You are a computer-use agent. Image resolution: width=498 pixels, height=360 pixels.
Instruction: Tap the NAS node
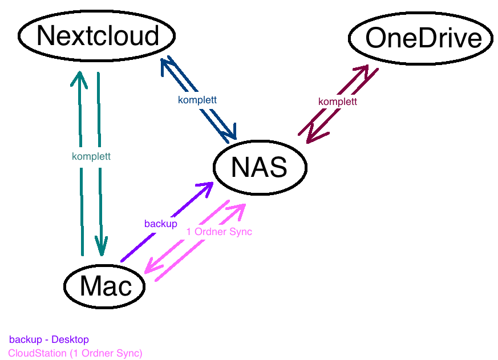260,167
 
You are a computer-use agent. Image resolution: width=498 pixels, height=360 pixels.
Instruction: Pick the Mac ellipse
105,286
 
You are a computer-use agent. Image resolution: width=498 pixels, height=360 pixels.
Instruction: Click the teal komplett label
91,156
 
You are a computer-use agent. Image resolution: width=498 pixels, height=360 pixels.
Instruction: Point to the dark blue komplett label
197,100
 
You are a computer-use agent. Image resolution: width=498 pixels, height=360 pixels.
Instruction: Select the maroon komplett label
338,102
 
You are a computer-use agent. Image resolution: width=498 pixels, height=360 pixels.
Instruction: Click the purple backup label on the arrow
160,224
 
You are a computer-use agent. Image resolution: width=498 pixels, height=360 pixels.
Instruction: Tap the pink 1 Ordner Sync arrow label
219,232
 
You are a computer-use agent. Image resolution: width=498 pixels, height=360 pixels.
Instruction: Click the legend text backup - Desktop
49,340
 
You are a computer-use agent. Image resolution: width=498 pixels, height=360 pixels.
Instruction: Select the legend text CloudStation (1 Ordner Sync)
75,353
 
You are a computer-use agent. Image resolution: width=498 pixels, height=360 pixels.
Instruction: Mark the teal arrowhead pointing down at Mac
102,247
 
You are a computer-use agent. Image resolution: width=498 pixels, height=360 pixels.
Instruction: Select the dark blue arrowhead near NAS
229,132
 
